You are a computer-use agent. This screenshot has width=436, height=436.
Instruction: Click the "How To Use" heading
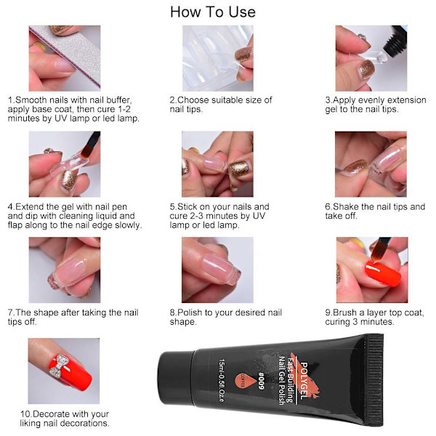(213, 12)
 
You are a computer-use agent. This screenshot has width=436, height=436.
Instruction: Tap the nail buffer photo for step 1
(65, 58)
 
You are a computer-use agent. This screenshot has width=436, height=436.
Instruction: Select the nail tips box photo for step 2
(218, 58)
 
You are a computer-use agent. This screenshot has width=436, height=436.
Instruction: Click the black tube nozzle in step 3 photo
(394, 41)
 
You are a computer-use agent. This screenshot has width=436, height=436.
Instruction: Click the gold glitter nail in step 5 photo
(239, 169)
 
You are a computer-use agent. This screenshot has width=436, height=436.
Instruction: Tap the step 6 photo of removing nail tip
(371, 164)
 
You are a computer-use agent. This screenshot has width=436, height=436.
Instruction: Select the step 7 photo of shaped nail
(65, 270)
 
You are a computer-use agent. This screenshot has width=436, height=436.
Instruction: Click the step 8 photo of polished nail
(217, 270)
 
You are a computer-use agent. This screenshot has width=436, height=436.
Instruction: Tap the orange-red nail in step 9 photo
(383, 273)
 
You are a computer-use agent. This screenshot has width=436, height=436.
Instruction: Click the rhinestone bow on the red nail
(58, 366)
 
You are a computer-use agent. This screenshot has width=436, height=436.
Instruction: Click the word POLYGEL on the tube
(304, 381)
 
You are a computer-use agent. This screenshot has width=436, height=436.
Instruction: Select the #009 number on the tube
(261, 381)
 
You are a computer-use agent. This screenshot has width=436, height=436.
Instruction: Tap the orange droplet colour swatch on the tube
(243, 381)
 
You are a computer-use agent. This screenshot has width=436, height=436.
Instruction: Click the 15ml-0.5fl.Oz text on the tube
(222, 380)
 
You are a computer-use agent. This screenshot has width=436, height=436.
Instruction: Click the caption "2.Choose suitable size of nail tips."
(221, 105)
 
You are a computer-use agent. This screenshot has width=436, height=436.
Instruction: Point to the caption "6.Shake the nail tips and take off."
(375, 211)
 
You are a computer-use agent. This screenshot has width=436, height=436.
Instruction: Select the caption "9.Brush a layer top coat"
(374, 312)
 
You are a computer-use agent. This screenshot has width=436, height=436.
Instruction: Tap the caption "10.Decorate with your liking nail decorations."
(65, 419)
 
